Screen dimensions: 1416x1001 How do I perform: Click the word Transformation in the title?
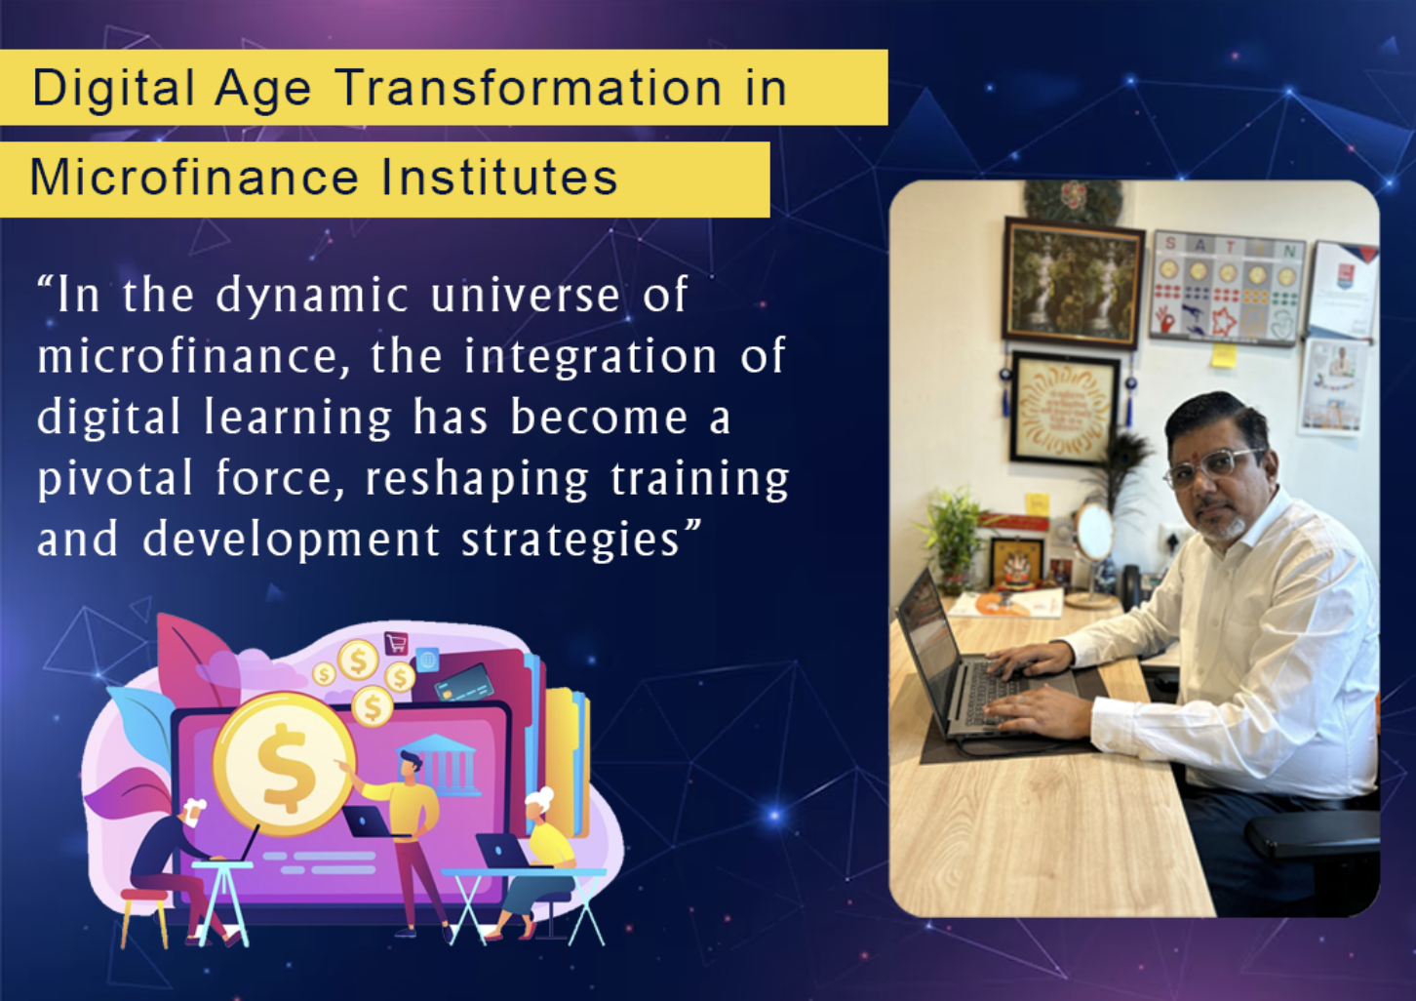[x=530, y=89]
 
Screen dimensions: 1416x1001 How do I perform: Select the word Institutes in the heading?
[x=499, y=179]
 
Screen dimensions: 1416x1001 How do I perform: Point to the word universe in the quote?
[x=525, y=296]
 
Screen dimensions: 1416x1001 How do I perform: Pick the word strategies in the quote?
[x=570, y=540]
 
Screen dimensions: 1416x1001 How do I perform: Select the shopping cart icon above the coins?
[x=396, y=643]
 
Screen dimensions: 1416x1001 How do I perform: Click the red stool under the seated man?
[x=143, y=912]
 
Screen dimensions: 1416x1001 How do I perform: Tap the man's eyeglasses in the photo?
[x=1212, y=466]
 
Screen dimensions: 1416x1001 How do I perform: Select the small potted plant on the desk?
[x=952, y=538]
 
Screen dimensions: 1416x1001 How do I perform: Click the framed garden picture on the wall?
[x=1073, y=282]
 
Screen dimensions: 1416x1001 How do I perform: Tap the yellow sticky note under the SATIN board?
[x=1224, y=355]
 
